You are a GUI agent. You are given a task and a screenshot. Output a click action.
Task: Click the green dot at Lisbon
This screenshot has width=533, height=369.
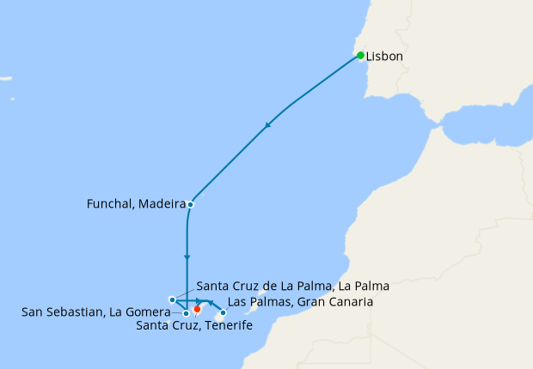(x=361, y=56)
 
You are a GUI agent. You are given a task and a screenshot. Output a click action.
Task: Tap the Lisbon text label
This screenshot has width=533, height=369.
(x=384, y=57)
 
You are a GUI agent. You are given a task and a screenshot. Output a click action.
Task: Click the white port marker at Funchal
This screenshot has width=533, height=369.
(x=190, y=204)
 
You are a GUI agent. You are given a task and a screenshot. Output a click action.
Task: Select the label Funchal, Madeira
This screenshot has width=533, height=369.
(x=136, y=204)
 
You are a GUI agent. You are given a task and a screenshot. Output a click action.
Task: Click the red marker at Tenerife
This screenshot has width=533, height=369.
(x=197, y=309)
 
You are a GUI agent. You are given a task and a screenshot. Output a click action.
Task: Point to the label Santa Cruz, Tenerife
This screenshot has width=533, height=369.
(x=188, y=325)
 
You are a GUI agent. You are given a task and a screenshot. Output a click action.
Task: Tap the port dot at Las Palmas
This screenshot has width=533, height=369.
(x=224, y=312)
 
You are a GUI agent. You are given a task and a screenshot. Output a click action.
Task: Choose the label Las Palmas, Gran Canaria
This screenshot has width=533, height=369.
(x=300, y=302)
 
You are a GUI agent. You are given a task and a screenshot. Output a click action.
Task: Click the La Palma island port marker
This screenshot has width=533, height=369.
(x=172, y=299)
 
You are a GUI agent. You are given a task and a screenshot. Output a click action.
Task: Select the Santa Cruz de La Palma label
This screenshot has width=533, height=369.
(x=292, y=286)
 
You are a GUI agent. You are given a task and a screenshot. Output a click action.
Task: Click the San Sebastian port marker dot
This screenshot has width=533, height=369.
(x=186, y=314)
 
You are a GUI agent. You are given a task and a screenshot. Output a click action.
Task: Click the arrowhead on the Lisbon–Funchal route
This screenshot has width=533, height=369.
(x=268, y=125)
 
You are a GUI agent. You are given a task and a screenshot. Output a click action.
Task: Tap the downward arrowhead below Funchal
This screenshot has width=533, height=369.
(x=187, y=257)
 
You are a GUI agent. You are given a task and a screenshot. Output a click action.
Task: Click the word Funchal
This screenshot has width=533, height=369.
(x=110, y=204)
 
